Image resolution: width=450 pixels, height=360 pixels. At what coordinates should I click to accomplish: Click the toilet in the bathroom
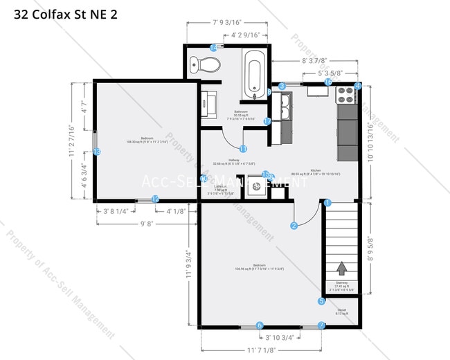pos(208,64)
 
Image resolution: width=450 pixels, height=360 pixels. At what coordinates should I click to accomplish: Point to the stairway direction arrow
pos(341,268)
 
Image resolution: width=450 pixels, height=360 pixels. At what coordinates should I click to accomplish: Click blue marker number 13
pos(97,152)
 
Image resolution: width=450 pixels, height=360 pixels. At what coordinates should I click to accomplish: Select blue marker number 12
pos(155,199)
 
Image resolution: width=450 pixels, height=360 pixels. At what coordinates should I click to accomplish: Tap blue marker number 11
pos(243,148)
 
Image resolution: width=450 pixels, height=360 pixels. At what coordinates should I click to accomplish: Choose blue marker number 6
pos(260,325)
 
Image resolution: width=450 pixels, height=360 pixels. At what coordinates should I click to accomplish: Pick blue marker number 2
pos(294,225)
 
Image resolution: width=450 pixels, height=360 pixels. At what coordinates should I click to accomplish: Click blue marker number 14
pos(213,47)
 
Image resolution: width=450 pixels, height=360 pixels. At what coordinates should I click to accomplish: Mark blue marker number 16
pos(329,82)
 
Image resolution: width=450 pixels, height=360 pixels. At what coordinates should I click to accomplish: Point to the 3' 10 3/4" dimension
pos(280,337)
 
